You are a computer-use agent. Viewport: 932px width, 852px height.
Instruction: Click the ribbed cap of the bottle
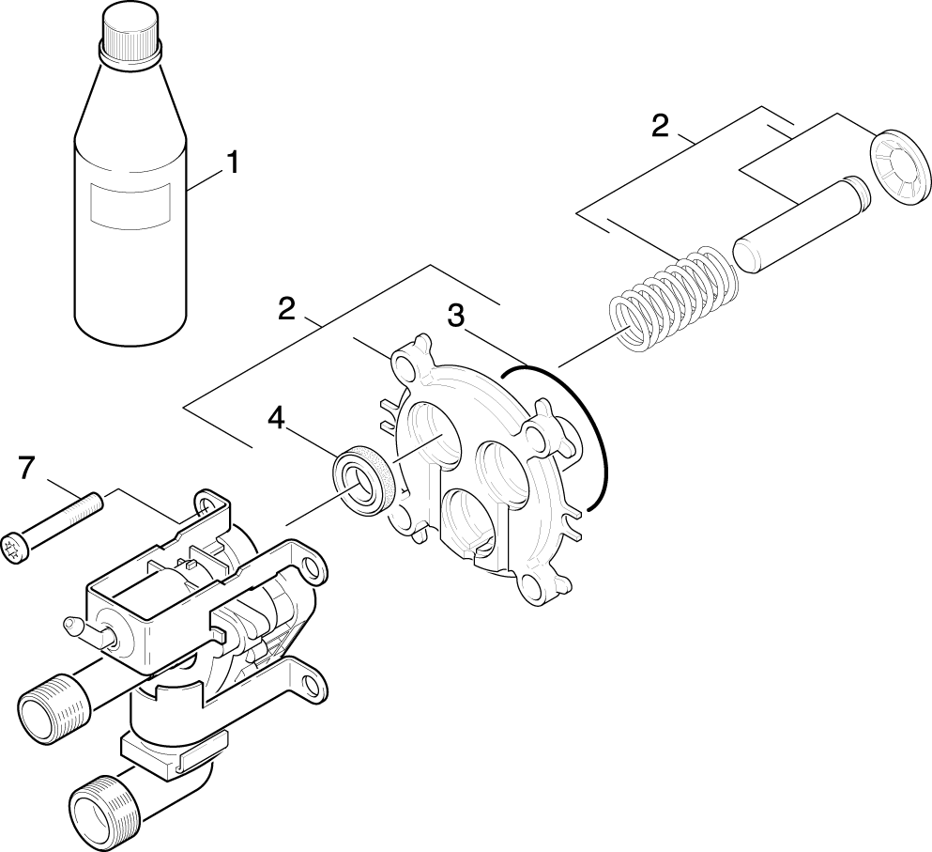click(x=131, y=34)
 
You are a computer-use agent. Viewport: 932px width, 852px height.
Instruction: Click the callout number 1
click(x=231, y=163)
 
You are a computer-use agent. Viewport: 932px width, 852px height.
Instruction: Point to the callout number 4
click(x=275, y=416)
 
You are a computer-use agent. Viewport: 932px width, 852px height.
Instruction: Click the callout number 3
click(x=455, y=317)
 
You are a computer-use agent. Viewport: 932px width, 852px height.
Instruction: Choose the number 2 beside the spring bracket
click(x=661, y=125)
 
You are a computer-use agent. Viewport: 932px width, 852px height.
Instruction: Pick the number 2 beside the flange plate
click(x=287, y=309)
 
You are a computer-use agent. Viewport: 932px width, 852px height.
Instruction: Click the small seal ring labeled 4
click(x=361, y=476)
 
